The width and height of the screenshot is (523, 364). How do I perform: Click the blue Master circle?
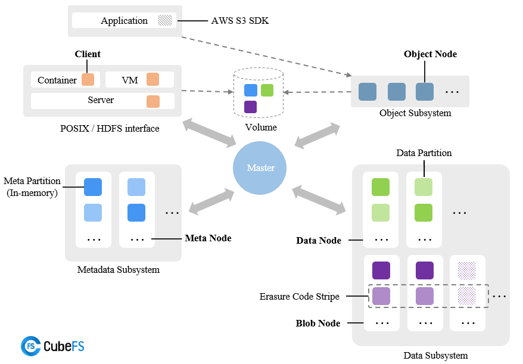[x=261, y=167]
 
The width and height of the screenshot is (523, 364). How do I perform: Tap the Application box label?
[x=124, y=20]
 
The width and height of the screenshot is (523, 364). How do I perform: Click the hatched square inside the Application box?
[x=164, y=20]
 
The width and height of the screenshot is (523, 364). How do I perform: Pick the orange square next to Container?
[x=88, y=80]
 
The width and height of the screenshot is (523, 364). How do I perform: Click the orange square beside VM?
[x=152, y=80]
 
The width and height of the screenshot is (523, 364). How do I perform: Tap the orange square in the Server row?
[x=152, y=101]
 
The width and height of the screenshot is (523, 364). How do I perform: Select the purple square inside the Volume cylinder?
[x=251, y=107]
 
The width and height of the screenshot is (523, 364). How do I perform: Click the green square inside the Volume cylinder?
[x=267, y=90]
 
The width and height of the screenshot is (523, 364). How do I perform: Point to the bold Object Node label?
[x=430, y=54]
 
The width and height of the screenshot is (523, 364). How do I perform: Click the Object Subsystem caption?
[x=415, y=113]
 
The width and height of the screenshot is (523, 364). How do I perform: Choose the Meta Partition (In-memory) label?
[x=32, y=186]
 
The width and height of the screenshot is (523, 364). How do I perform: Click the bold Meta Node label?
[x=208, y=238]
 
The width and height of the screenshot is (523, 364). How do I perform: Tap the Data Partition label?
[x=424, y=153]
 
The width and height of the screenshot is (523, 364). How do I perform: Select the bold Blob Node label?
[x=318, y=323]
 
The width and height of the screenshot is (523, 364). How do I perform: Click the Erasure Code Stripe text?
[x=299, y=296]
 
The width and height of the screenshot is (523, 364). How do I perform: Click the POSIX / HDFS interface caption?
[x=110, y=128]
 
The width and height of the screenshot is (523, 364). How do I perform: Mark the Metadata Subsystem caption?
[x=119, y=270]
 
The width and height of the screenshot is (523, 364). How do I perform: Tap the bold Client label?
[x=88, y=54]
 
